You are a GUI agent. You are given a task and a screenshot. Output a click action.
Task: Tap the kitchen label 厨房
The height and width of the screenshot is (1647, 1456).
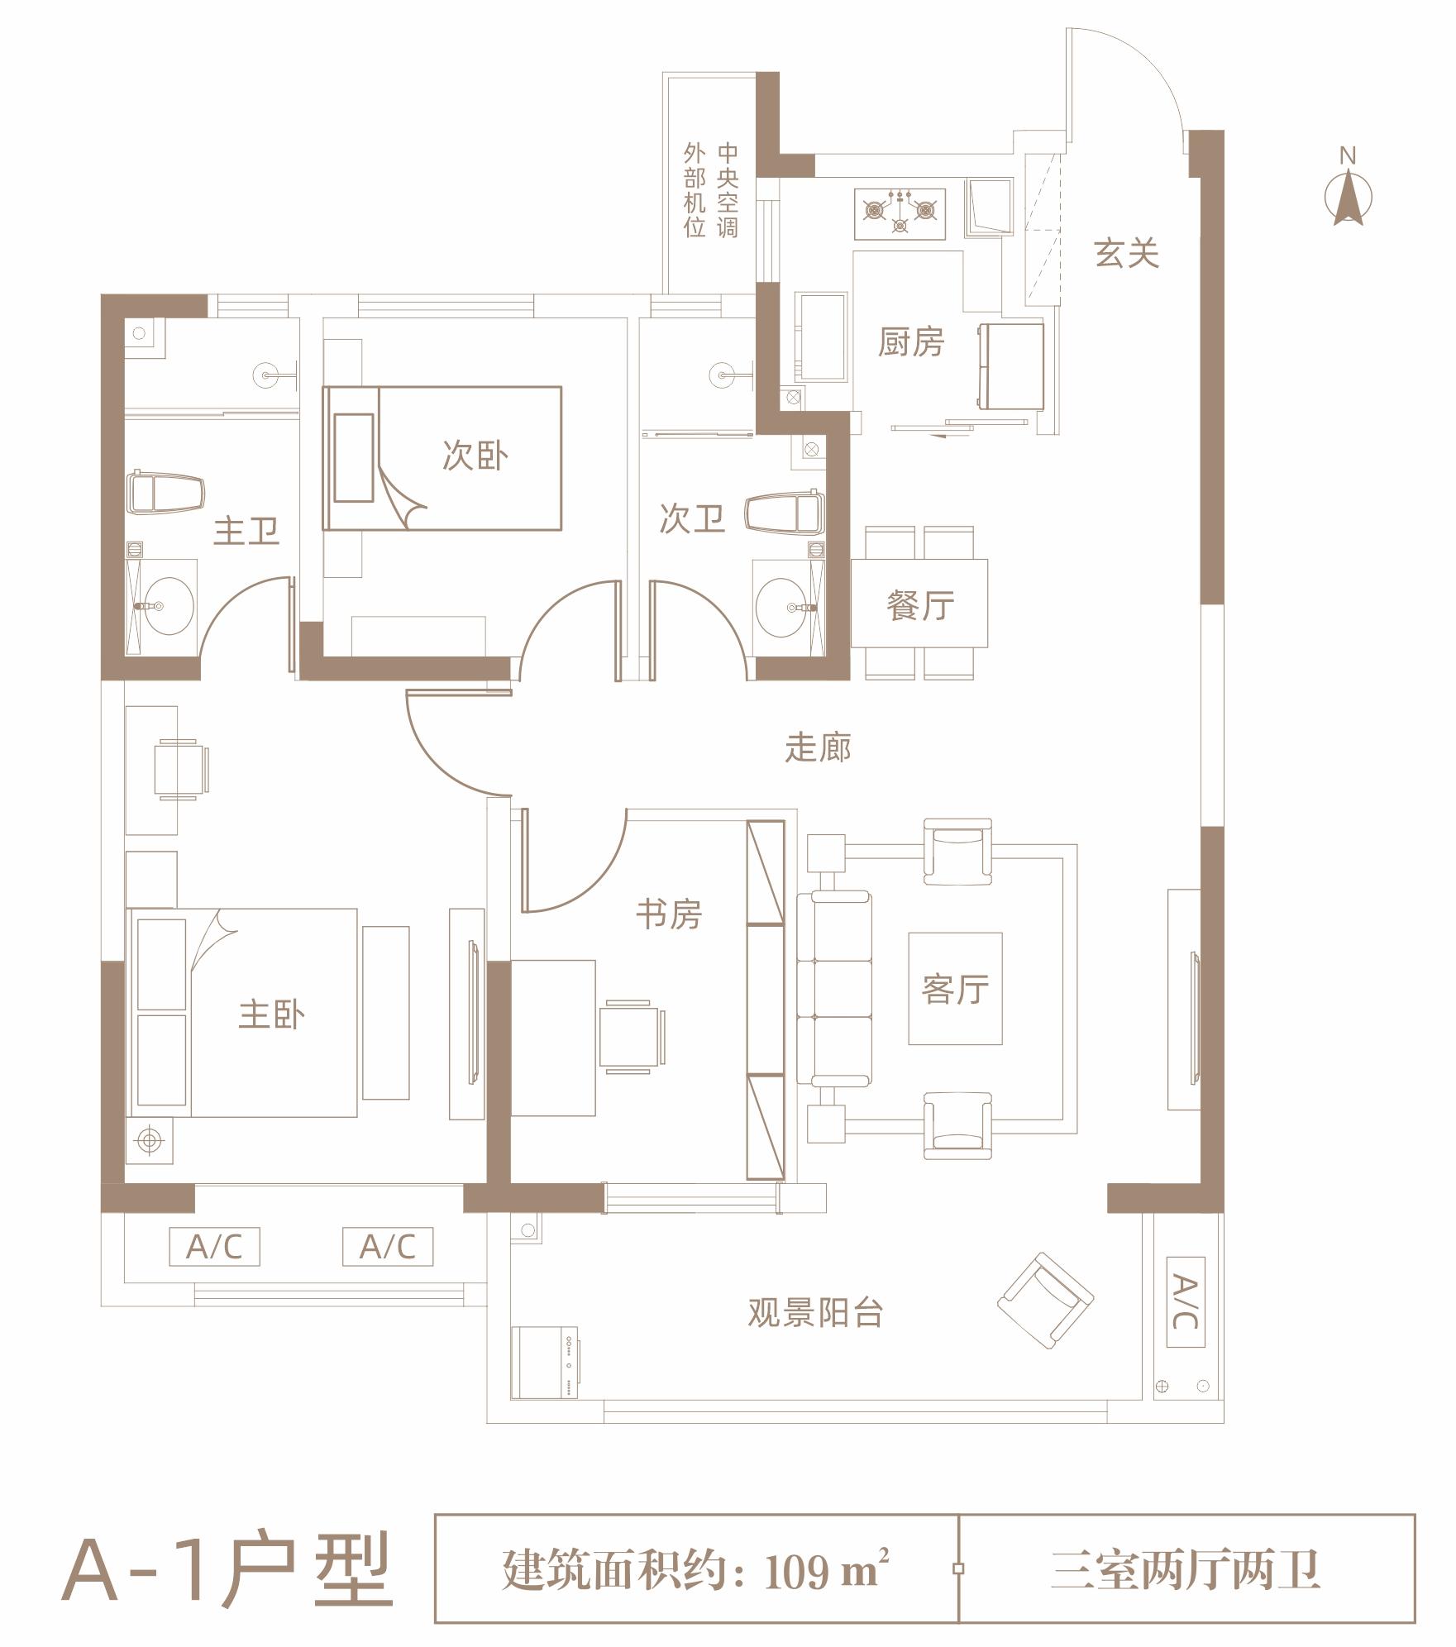click(x=910, y=342)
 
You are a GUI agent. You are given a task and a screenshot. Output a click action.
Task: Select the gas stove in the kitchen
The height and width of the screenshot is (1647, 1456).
click(x=900, y=214)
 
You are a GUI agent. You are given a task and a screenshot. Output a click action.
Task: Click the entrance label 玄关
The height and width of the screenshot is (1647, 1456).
click(x=1126, y=253)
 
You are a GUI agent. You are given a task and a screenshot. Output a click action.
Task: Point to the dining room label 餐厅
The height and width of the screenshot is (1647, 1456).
click(x=919, y=605)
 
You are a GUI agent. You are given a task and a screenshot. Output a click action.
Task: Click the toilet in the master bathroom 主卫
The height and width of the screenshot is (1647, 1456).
click(x=165, y=493)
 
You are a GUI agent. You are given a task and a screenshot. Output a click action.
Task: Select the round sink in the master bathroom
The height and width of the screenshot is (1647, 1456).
click(x=168, y=606)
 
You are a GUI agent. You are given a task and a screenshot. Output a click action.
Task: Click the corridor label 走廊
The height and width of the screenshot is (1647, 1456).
click(x=818, y=748)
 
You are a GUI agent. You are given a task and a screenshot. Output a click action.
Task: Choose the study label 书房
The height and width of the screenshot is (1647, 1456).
click(x=668, y=914)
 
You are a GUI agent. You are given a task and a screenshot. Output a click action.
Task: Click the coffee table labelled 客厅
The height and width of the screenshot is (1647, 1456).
click(x=955, y=989)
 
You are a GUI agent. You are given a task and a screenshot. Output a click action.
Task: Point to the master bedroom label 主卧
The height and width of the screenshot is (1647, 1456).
click(x=271, y=1014)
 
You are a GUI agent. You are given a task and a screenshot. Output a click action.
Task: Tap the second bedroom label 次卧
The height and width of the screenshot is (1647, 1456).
click(x=475, y=456)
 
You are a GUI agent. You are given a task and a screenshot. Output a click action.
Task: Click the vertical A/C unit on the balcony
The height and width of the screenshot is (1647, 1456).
click(x=1185, y=1302)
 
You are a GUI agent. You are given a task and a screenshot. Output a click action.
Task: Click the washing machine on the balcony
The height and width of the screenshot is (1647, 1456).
click(x=544, y=1363)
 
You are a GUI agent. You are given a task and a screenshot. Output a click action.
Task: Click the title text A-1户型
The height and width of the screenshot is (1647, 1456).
click(x=227, y=1569)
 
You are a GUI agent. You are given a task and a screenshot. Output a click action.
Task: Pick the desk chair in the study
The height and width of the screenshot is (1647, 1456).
click(x=630, y=1036)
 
